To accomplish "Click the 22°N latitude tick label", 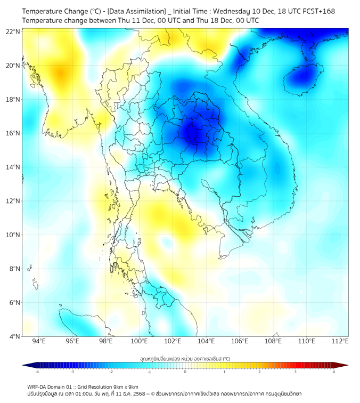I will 13,31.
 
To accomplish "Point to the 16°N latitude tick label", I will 13,133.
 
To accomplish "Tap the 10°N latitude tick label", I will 13,235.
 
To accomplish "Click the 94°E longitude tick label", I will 39,341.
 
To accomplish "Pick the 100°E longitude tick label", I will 140,341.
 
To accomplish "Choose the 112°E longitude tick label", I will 340,341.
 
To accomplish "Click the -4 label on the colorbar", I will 37,372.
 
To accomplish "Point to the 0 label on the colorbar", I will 185,372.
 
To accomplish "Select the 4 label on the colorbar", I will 334,372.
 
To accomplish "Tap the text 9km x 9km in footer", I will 124,386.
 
